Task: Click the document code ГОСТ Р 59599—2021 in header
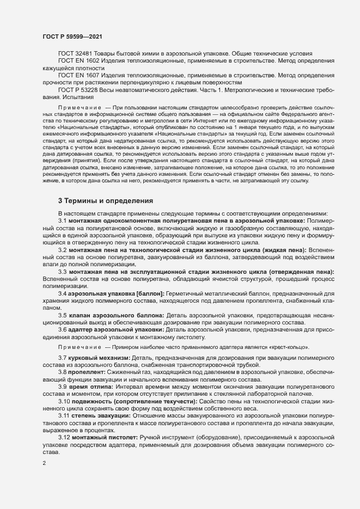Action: (x=71, y=36)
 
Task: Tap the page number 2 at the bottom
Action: (x=44, y=464)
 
